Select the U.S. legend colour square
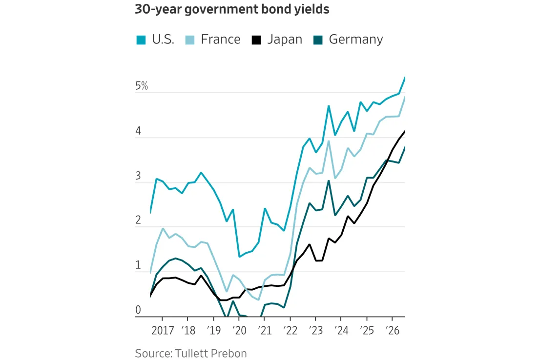141,40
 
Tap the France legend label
221,39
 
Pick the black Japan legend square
256,40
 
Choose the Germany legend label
356,40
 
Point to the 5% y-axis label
142,86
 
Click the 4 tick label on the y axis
138,131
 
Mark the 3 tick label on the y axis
138,176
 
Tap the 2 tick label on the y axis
138,220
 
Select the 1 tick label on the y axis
138,265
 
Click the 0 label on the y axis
138,310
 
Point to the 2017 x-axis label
163,330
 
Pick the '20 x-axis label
239,330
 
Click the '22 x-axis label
291,330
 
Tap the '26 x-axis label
392,330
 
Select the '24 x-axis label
341,330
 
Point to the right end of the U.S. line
405,78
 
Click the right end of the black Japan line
405,131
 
